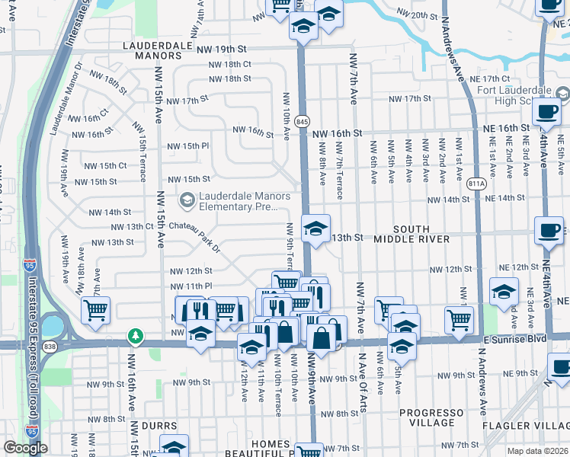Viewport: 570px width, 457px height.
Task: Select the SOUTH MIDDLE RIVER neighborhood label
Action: pos(411,234)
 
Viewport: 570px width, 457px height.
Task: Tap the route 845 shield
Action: pos(303,121)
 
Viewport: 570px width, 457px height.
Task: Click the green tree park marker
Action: pos(136,335)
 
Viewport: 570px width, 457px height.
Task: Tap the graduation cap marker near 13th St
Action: pos(315,227)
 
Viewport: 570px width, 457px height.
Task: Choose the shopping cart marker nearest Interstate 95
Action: pos(96,309)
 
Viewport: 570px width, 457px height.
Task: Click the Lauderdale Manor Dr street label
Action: pos(66,95)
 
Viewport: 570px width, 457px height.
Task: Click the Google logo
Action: pos(26,448)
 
